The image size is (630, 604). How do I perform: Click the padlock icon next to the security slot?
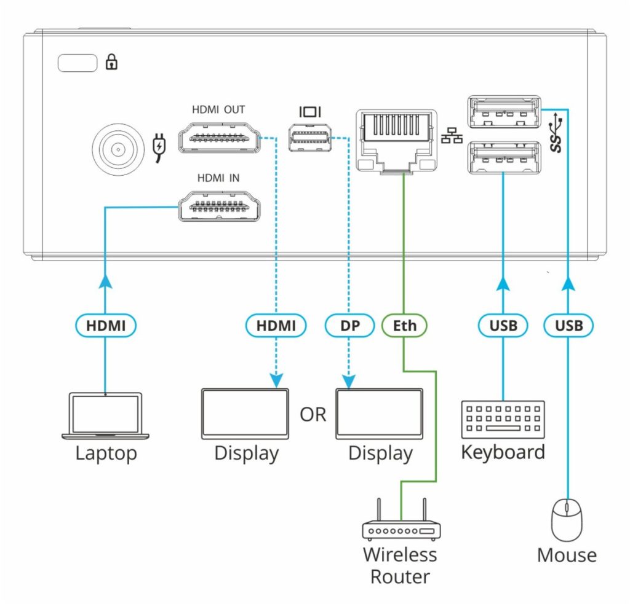[x=112, y=62]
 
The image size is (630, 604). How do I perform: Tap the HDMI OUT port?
[x=218, y=138]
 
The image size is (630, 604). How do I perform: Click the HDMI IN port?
[x=218, y=206]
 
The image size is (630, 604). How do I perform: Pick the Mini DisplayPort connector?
[x=311, y=138]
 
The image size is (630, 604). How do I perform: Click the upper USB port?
[x=504, y=112]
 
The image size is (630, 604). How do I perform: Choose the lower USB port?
[x=504, y=157]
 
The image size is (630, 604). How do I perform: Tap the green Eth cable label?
[x=405, y=326]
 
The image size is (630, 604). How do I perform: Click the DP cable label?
[x=349, y=326]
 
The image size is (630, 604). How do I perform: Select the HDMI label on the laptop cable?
[x=105, y=326]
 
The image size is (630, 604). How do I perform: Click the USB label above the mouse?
[x=567, y=326]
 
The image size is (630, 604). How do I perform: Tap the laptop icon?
[x=105, y=415]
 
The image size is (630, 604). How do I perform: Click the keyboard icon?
[x=503, y=419]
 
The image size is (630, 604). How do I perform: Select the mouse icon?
[x=567, y=519]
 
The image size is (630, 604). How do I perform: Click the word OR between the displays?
[x=313, y=415]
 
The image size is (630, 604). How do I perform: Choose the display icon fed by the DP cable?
[x=380, y=414]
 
